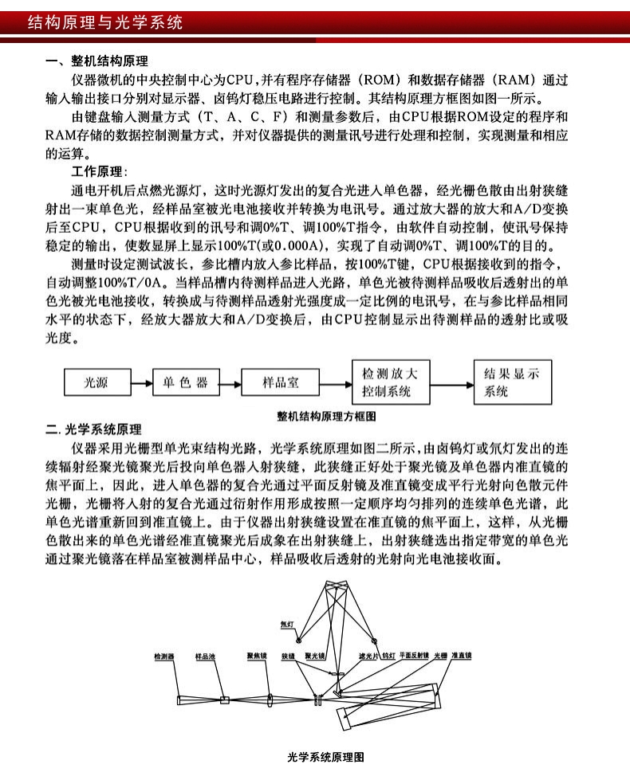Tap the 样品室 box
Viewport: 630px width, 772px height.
click(x=281, y=383)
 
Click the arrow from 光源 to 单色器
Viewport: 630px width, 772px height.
click(x=141, y=384)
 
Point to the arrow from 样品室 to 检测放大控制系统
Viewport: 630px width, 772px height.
click(x=335, y=384)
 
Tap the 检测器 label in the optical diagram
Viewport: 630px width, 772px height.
click(x=164, y=657)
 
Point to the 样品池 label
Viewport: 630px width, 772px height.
click(x=207, y=657)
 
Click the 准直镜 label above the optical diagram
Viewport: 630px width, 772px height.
click(x=462, y=657)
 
